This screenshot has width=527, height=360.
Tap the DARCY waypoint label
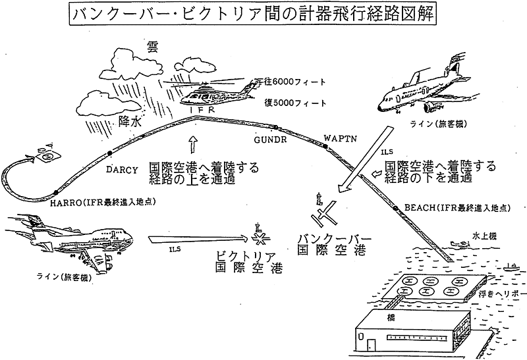122,169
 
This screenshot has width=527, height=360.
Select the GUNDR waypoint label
268,140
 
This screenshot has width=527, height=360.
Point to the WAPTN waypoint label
339,139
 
